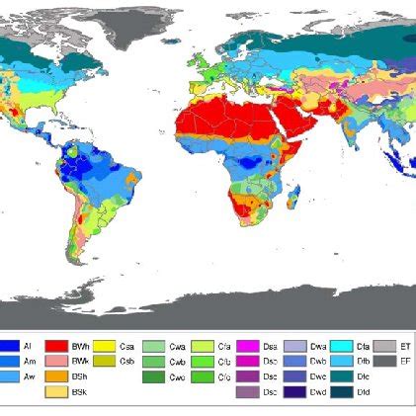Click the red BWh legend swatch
(56, 346)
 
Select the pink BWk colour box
(56, 361)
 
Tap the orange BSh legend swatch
(56, 376)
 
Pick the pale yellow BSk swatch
(56, 392)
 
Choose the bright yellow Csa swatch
(104, 346)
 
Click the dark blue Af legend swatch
(9, 346)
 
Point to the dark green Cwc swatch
(153, 376)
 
